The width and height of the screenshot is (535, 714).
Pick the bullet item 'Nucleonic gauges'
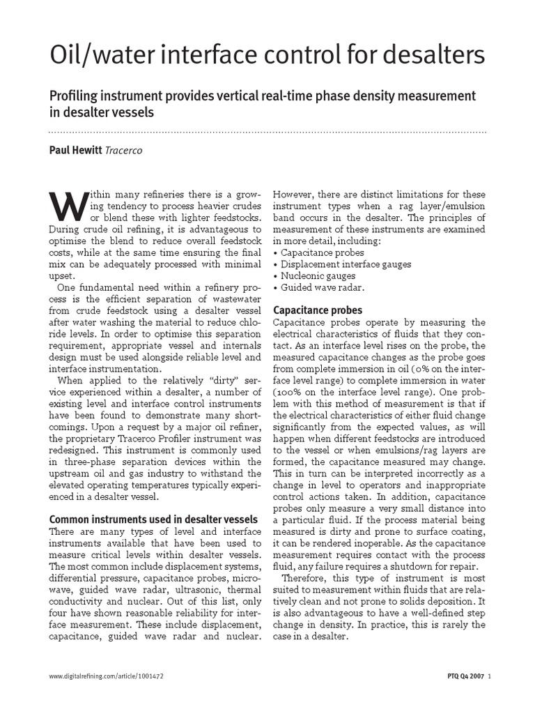[x=314, y=275]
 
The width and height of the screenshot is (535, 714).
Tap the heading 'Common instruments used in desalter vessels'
[x=153, y=519]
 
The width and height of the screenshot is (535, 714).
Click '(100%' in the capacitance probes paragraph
[x=286, y=393]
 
